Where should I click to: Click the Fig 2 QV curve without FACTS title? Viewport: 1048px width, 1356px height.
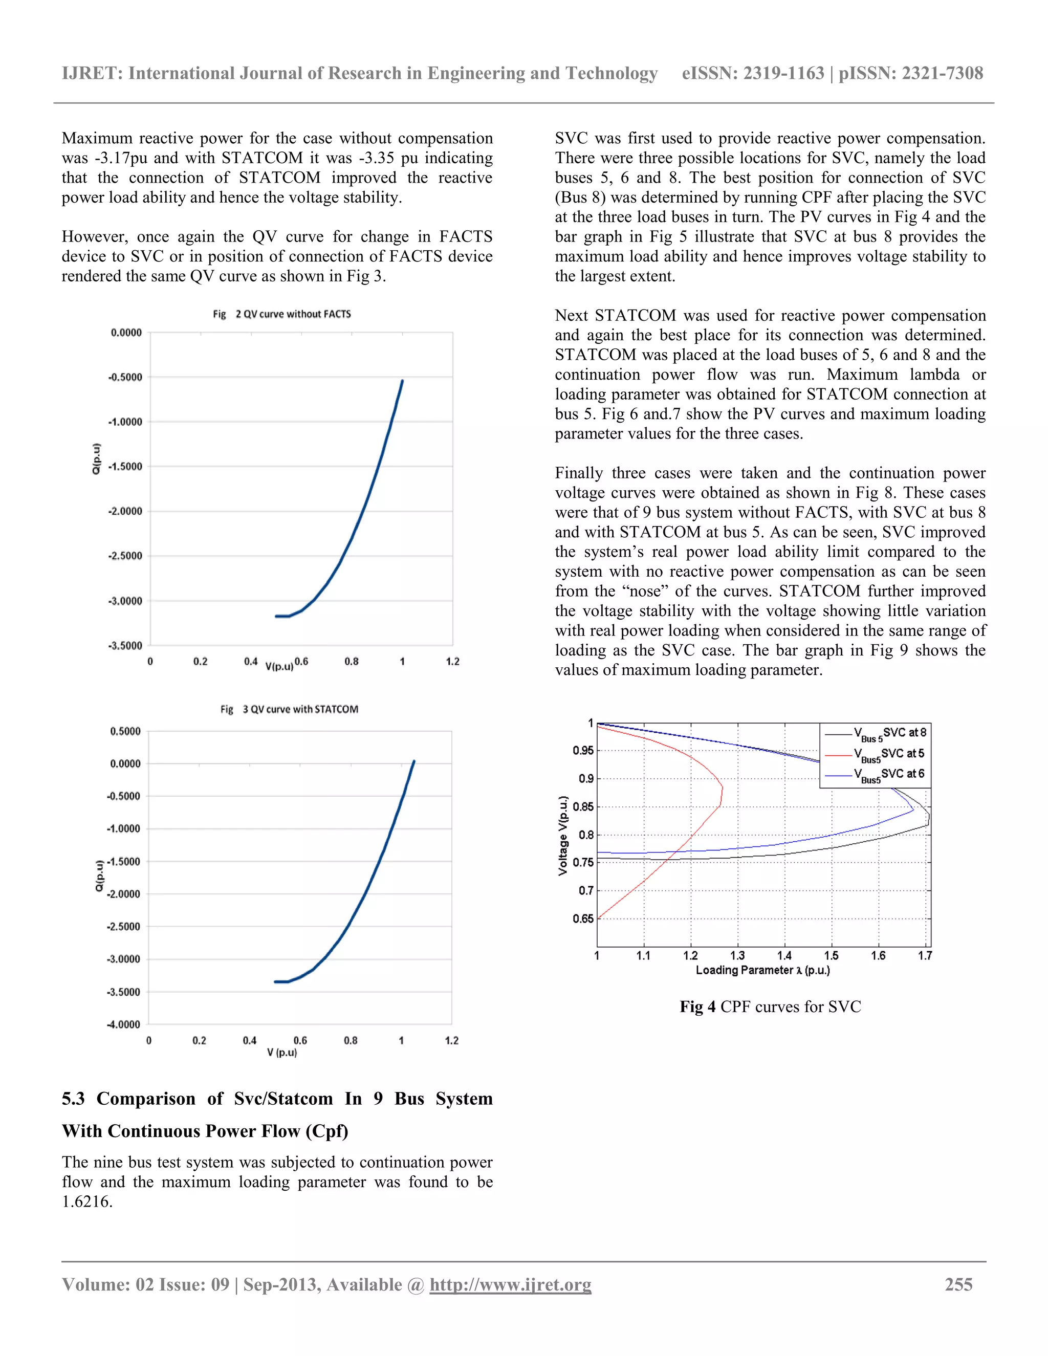[x=282, y=314]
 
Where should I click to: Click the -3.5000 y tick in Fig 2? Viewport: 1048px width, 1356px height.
[x=125, y=646]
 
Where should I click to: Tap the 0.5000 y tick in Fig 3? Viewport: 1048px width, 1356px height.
[x=125, y=731]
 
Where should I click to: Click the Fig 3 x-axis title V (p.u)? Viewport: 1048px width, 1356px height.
[x=282, y=1053]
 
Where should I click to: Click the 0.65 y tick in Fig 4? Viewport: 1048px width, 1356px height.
[x=583, y=919]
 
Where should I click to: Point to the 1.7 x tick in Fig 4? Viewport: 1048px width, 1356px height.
[x=925, y=955]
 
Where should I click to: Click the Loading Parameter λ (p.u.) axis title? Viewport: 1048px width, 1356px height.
[x=762, y=970]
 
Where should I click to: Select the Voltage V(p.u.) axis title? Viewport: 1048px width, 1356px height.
[x=563, y=835]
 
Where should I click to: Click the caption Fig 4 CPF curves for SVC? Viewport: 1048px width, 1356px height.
[x=770, y=1007]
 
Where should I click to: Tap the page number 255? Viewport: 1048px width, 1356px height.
[x=958, y=1284]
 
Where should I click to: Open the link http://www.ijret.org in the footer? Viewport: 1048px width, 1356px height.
[x=510, y=1284]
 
